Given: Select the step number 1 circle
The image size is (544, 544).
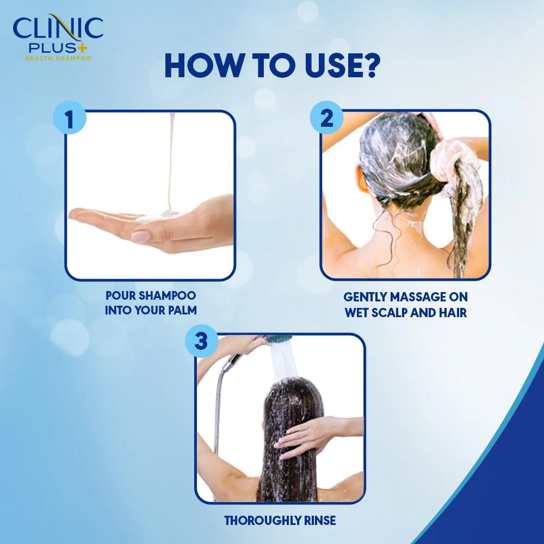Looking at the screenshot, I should (x=69, y=120).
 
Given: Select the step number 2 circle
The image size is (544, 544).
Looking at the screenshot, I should (x=326, y=120).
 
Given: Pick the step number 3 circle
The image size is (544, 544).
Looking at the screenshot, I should (x=201, y=342).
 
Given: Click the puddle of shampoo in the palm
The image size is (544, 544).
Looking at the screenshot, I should (x=158, y=217).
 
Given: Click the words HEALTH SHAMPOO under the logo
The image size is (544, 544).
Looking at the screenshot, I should (x=58, y=58).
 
